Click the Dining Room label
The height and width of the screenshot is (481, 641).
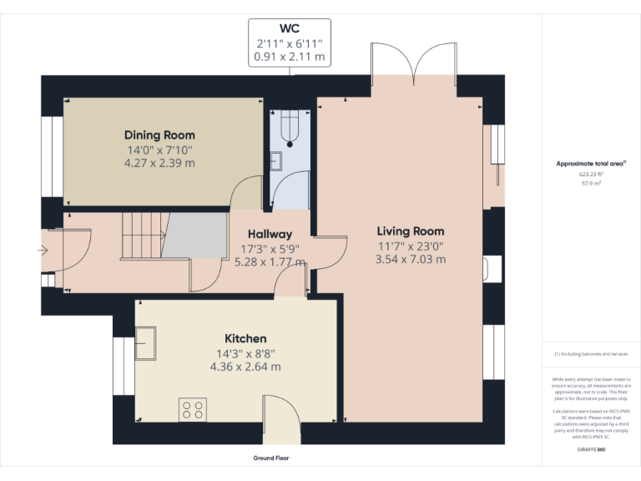point(159,135)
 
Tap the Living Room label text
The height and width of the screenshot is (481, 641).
point(410,231)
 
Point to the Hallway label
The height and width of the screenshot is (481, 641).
point(267,235)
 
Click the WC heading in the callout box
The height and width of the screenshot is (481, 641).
point(290,28)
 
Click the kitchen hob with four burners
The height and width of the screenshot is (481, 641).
point(192,409)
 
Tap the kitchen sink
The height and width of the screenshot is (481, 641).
point(148,342)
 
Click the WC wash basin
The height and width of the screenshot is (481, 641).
point(277,159)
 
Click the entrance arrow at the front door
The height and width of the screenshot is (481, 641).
point(43,250)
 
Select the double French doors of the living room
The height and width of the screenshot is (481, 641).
point(414,68)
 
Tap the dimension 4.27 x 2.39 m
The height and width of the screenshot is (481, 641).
point(159,163)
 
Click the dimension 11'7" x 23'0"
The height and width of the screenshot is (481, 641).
point(410,246)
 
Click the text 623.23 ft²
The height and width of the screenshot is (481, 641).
point(590,174)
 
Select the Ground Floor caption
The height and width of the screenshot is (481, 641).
point(270,458)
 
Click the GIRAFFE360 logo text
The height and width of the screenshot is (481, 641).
point(590,449)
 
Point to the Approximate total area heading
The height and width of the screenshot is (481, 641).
point(590,164)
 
